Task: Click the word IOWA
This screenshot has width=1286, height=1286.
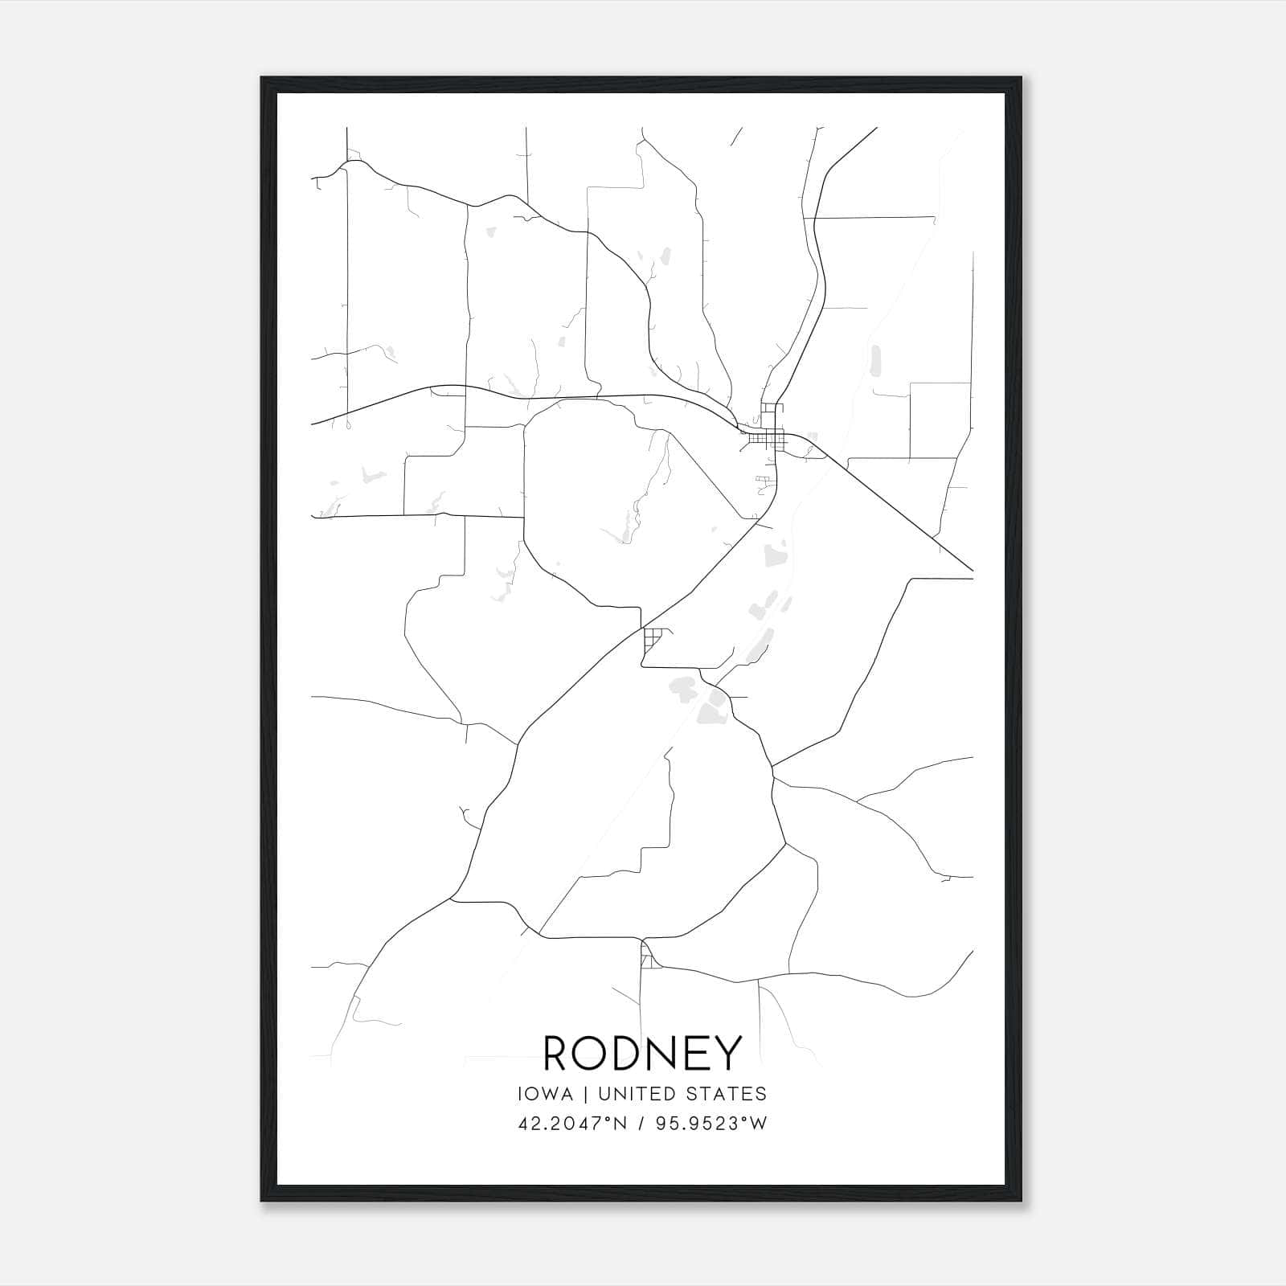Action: pos(546,1094)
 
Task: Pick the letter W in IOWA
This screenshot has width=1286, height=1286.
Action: pos(550,1094)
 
